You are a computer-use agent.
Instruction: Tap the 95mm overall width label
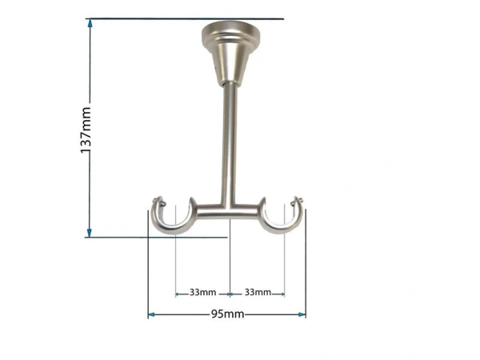point(227,314)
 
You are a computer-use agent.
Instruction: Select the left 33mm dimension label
point(202,292)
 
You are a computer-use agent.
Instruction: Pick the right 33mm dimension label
point(257,292)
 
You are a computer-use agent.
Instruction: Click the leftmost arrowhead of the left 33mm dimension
point(178,293)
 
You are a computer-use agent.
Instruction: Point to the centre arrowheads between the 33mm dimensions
point(230,293)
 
